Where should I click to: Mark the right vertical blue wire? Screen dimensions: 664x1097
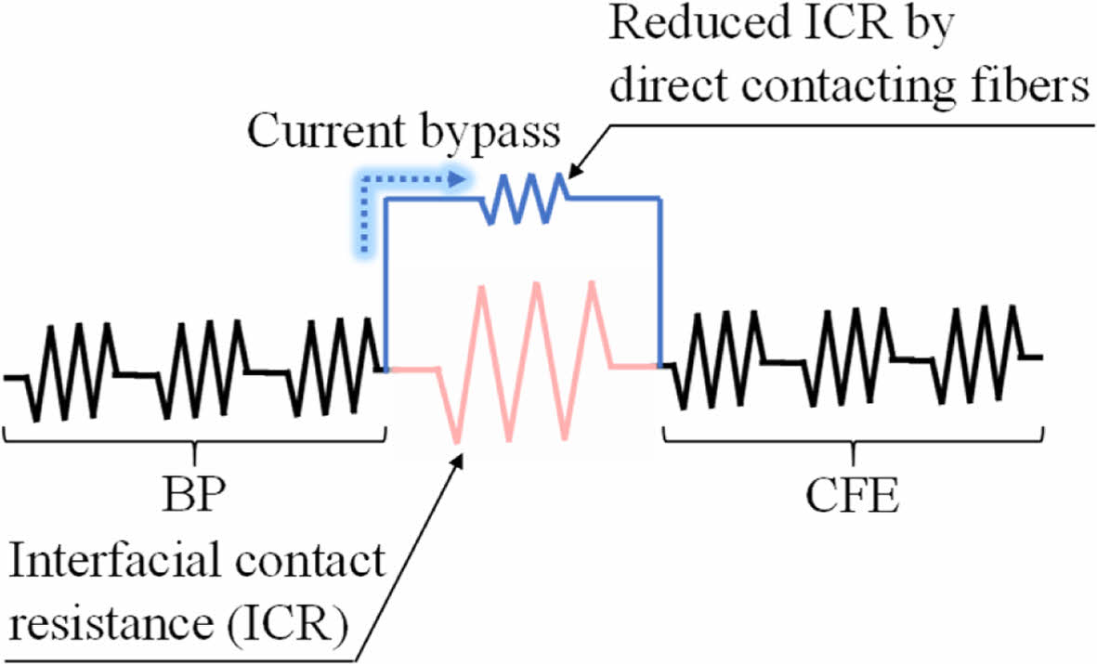[x=661, y=279]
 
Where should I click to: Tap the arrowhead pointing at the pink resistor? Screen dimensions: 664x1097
[x=460, y=457]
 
